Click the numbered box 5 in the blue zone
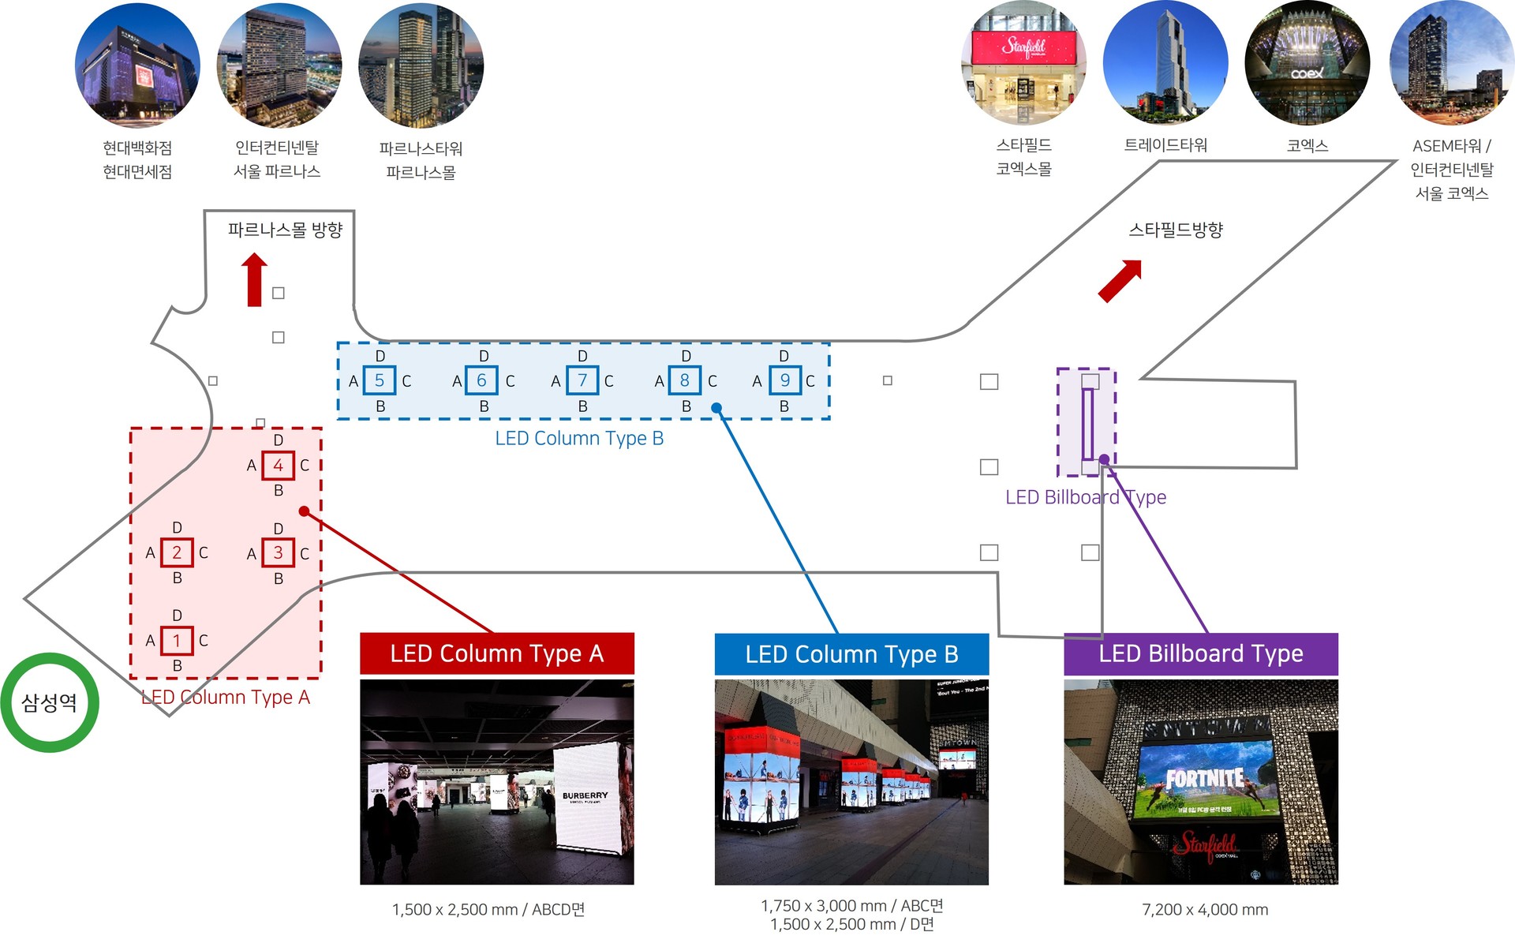point(380,381)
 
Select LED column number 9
point(784,381)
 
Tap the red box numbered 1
point(177,641)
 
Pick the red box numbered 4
point(278,466)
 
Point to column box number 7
point(582,381)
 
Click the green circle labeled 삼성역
point(50,702)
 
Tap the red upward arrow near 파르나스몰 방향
point(254,279)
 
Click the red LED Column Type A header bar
point(496,653)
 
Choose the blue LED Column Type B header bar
point(851,654)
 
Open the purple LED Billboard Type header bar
point(1200,653)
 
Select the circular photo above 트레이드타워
point(1165,63)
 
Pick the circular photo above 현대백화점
point(137,65)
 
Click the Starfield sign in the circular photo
point(1023,47)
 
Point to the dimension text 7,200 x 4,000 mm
point(1205,910)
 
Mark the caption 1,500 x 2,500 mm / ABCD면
point(488,910)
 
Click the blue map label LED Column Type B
point(579,439)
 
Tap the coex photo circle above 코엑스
point(1307,63)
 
